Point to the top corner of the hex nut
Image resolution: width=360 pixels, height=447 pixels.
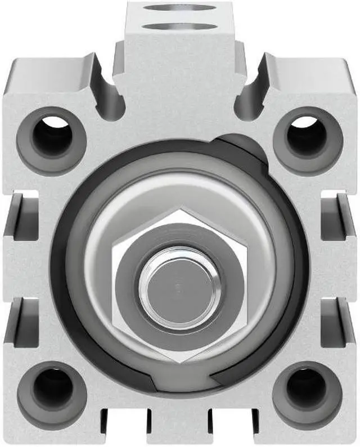pos(179,209)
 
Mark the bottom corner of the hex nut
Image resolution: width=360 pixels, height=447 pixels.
pos(179,361)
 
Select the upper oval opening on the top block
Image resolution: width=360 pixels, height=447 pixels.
pos(179,8)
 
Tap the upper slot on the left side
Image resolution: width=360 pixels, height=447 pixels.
pos(19,217)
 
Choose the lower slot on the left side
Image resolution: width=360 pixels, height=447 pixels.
pos(19,321)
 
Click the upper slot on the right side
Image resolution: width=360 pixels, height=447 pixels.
pos(339,217)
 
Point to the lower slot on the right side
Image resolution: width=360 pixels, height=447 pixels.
pos(339,321)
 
